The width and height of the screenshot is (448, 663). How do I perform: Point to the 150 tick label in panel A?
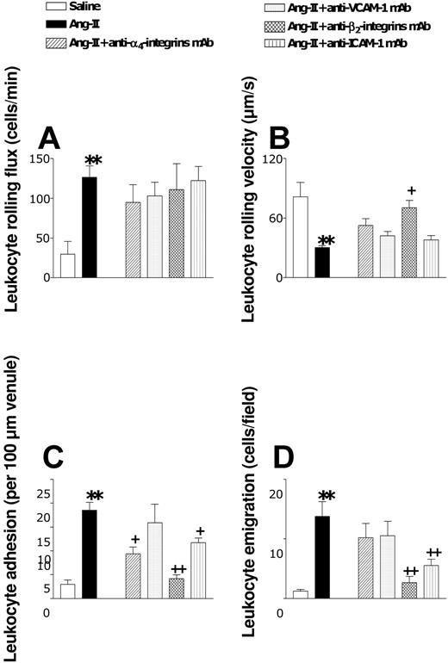click(38, 158)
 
